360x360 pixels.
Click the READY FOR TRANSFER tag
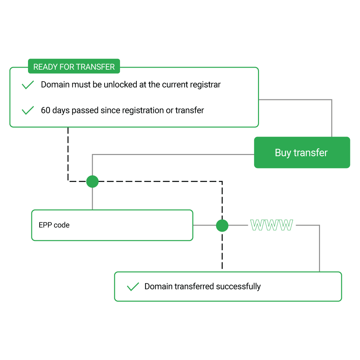click(x=74, y=67)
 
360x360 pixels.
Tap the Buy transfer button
click(x=302, y=153)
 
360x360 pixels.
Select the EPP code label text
click(x=54, y=225)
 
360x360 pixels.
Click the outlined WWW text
click(x=272, y=226)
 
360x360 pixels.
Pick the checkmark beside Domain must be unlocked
click(x=28, y=85)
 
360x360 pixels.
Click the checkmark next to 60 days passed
click(x=28, y=110)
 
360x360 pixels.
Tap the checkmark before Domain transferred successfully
click(x=133, y=287)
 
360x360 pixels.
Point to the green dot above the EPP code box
click(x=92, y=182)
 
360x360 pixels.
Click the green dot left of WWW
click(x=222, y=226)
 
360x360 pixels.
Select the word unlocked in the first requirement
click(x=120, y=85)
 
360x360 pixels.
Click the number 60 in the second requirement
click(x=46, y=110)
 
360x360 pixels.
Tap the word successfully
click(x=238, y=287)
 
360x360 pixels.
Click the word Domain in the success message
click(x=158, y=287)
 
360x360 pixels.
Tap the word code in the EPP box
click(x=62, y=225)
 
